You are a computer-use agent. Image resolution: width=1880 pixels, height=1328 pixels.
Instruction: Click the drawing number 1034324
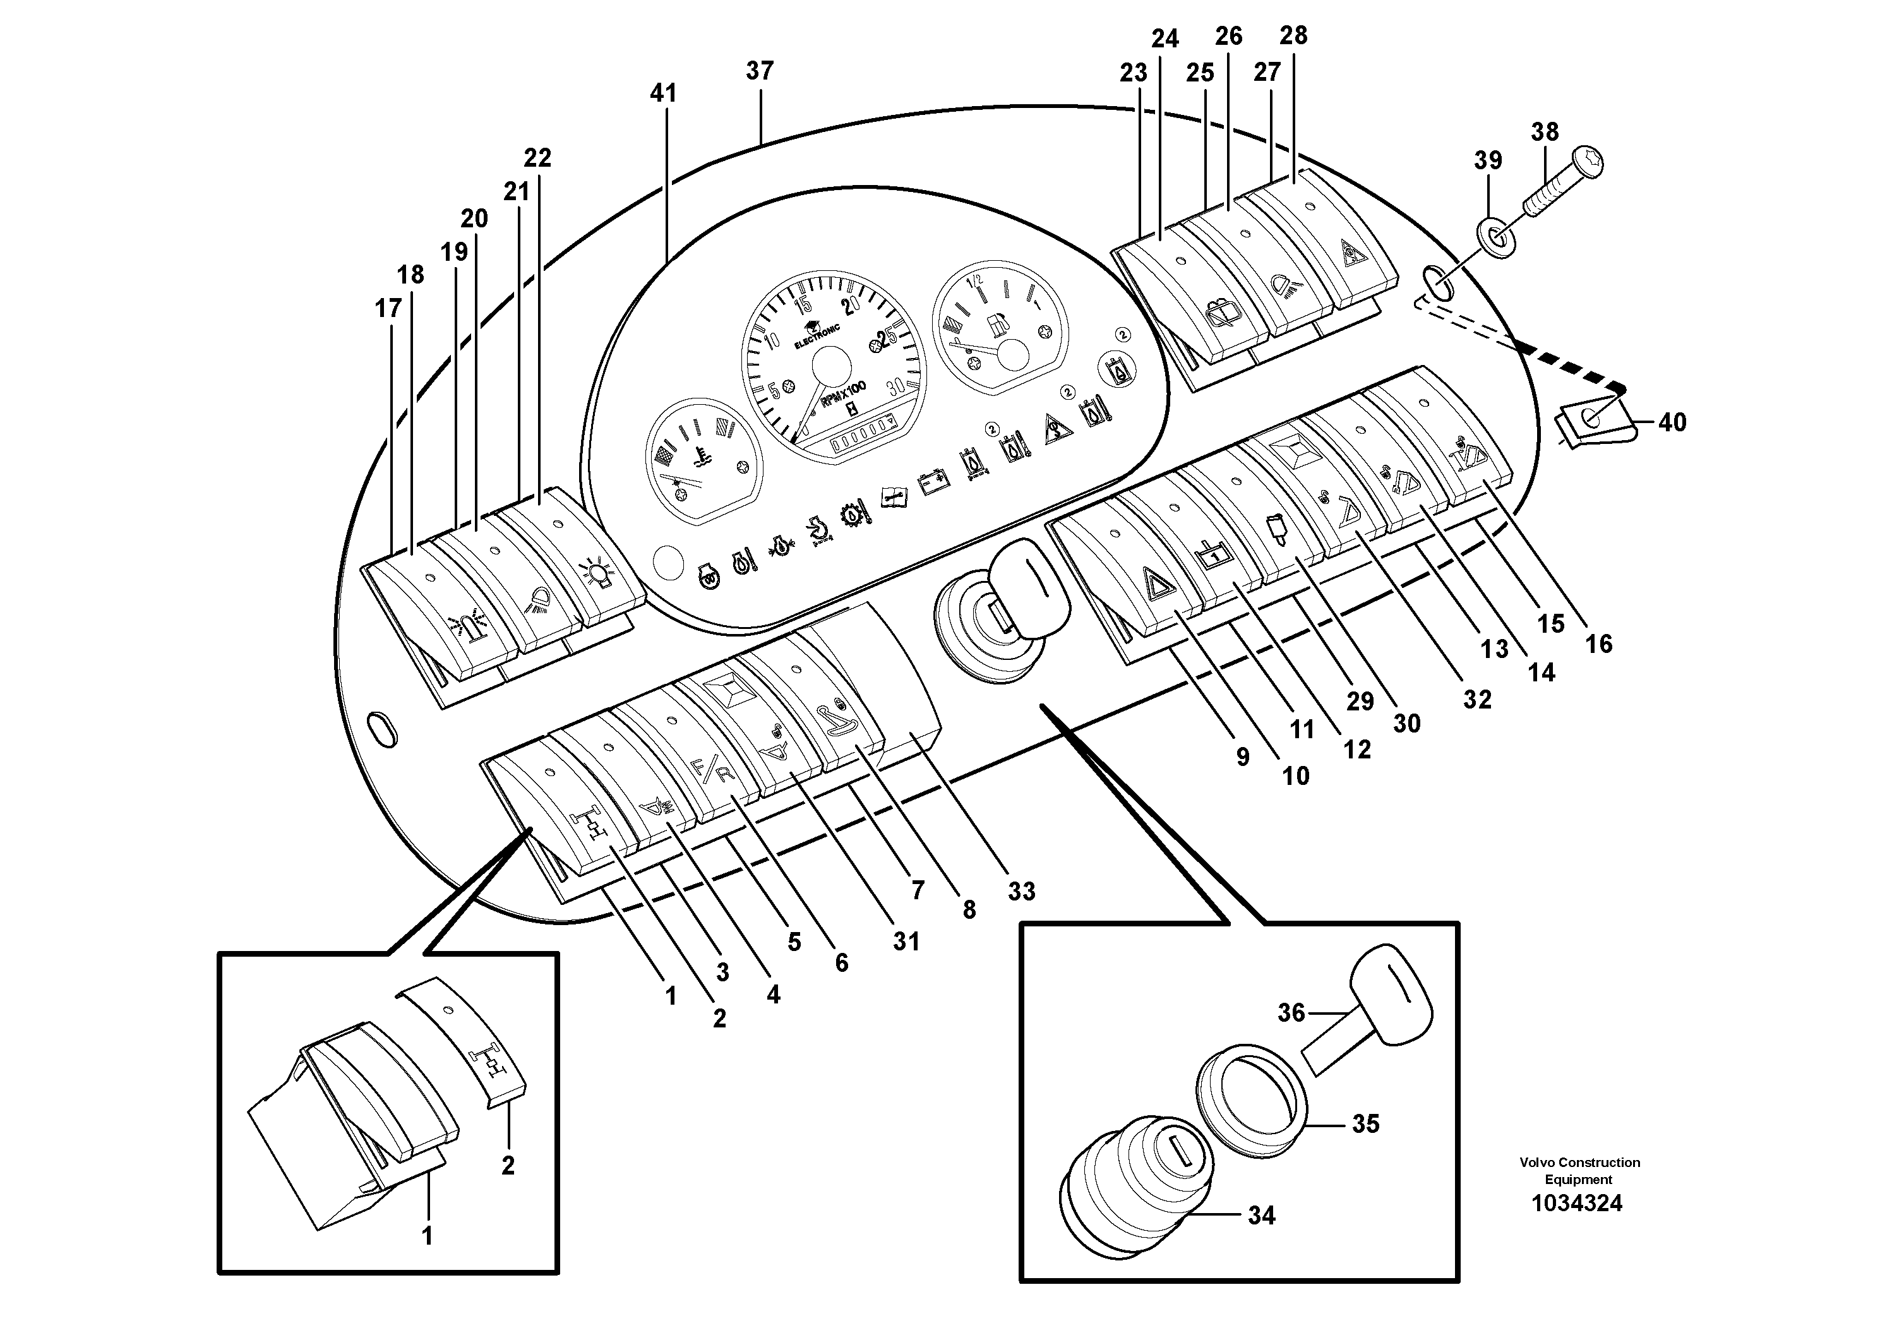click(1576, 1204)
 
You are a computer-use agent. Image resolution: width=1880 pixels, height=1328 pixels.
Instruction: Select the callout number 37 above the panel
click(759, 71)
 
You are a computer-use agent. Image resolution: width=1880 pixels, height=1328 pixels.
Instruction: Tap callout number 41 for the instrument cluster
click(662, 93)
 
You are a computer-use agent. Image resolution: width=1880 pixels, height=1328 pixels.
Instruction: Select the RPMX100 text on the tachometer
click(844, 395)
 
